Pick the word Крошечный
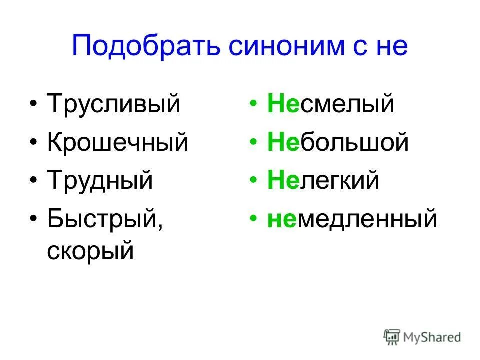[x=118, y=143]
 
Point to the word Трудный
[x=100, y=180]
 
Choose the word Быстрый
[x=105, y=218]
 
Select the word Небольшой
[x=338, y=143]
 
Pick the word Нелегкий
[x=323, y=180]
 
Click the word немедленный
[x=352, y=218]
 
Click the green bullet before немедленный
[x=255, y=219]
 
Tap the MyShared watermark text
[x=432, y=338]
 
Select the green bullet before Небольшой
[x=255, y=143]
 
